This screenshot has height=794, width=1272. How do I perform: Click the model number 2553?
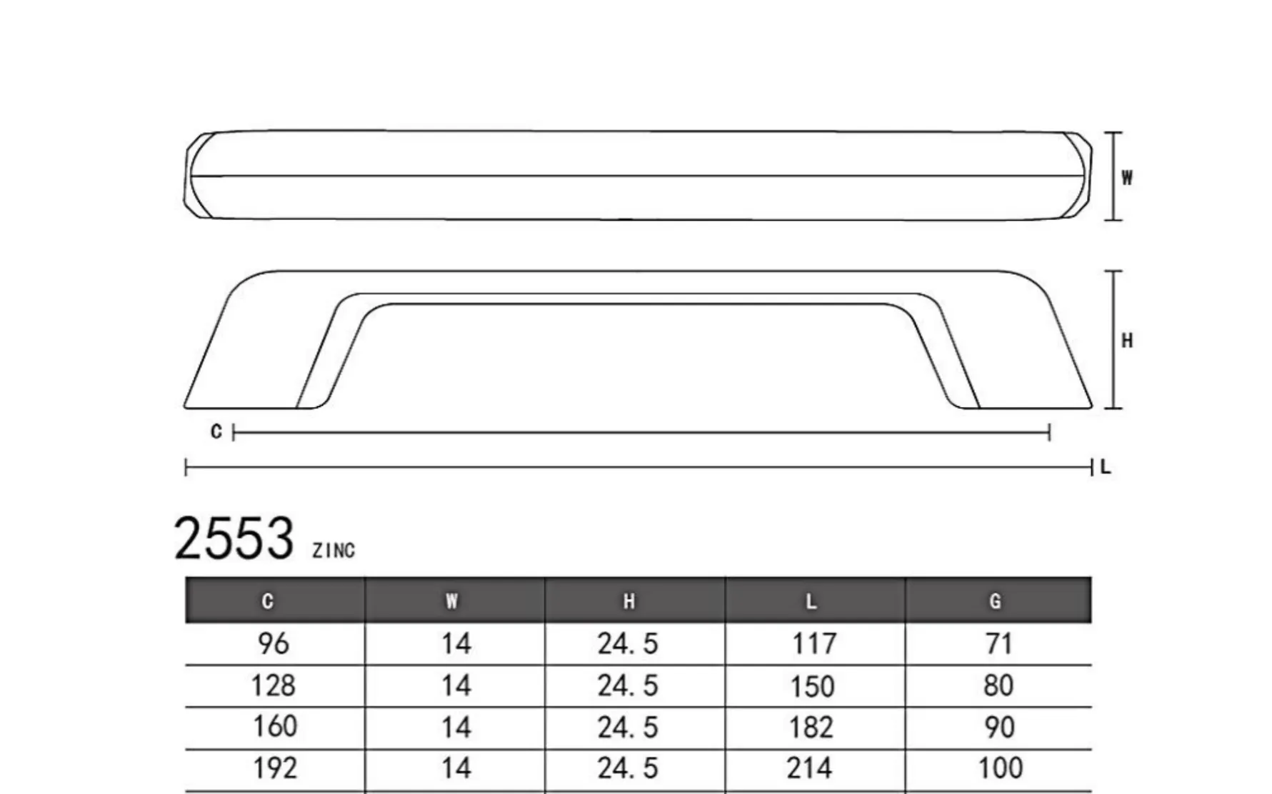[234, 538]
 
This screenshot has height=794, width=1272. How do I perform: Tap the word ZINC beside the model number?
[334, 551]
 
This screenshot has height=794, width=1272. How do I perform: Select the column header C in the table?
[268, 601]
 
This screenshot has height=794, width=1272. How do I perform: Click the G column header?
[995, 601]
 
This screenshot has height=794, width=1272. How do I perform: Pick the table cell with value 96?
[274, 644]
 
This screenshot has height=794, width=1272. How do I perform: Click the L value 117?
[814, 644]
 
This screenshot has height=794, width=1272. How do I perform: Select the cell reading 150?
[812, 686]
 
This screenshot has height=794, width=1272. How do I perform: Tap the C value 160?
[275, 727]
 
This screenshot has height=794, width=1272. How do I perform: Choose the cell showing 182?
[811, 728]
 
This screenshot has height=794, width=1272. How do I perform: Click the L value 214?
[810, 768]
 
